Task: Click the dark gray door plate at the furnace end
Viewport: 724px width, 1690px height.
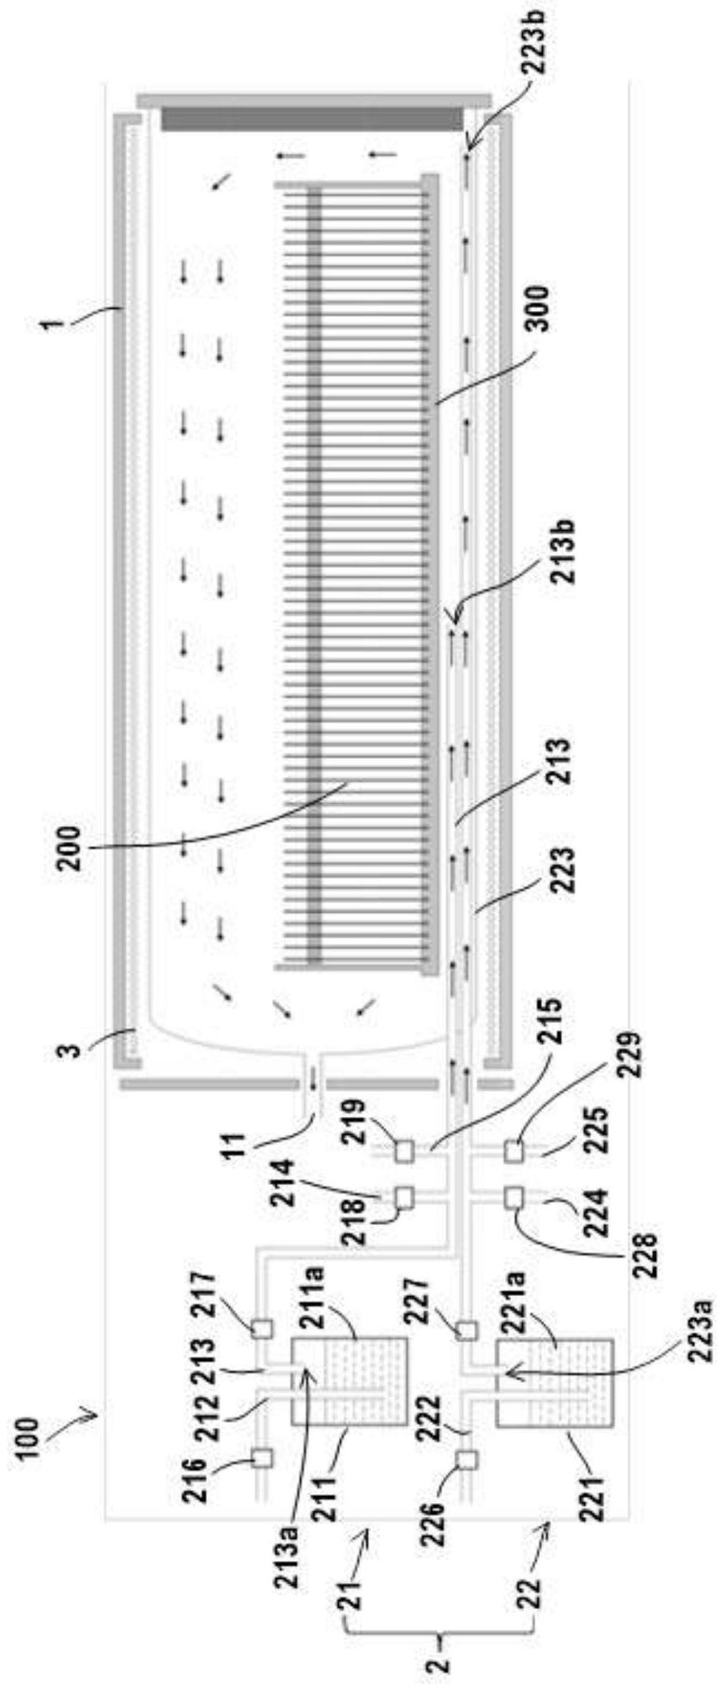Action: pyautogui.click(x=312, y=118)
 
